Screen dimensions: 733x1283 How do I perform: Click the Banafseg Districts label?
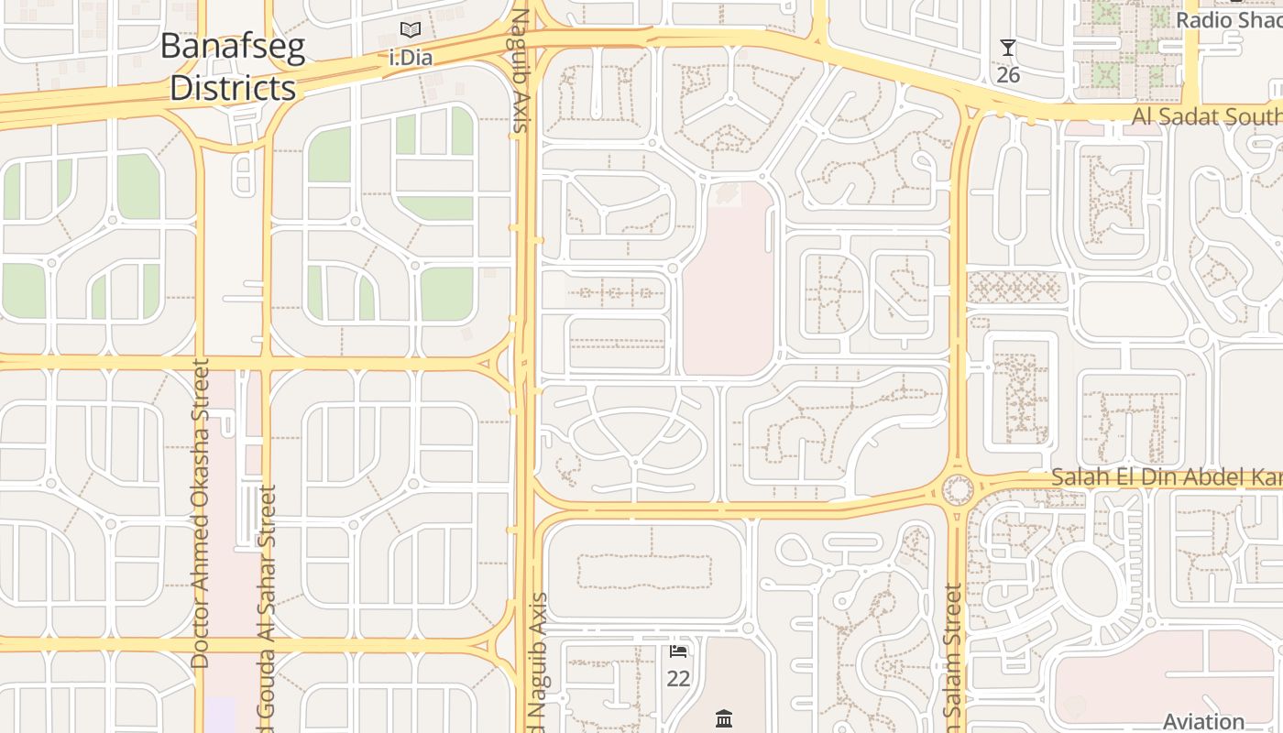[x=233, y=67]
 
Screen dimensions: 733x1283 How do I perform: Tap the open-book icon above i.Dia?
[x=411, y=30]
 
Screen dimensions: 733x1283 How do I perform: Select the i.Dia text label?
[x=411, y=58]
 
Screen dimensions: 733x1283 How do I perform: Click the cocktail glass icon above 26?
[x=1008, y=48]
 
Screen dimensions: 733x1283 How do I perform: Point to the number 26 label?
[x=1008, y=74]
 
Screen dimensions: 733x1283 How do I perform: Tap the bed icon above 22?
[x=678, y=651]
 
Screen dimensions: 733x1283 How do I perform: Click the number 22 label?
[x=678, y=679]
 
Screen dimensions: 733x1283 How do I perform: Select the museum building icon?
[x=724, y=717]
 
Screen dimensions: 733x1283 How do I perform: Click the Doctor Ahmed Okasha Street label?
[x=201, y=513]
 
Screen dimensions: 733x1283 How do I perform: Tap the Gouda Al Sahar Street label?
[x=267, y=605]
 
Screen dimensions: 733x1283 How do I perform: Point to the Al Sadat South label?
[x=1206, y=116]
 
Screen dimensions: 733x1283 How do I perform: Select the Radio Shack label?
[x=1228, y=19]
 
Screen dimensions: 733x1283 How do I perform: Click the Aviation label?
[x=1203, y=721]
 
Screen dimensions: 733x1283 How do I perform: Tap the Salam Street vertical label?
[x=953, y=660]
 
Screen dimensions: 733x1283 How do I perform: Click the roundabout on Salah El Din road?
[x=958, y=489]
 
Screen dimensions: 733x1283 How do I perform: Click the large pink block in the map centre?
[x=729, y=284]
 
